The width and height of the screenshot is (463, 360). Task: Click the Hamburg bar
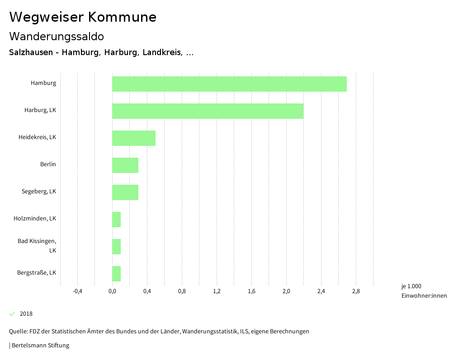pyautogui.click(x=229, y=84)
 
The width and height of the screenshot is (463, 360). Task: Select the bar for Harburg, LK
pyautogui.click(x=208, y=111)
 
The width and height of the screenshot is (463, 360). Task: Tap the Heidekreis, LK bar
pyautogui.click(x=134, y=138)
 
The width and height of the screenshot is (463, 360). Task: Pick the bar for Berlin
pyautogui.click(x=125, y=165)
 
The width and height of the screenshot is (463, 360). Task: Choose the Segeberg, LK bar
pyautogui.click(x=125, y=192)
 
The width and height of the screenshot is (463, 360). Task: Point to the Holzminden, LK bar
pyautogui.click(x=117, y=220)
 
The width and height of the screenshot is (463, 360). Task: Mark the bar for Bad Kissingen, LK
pyautogui.click(x=117, y=247)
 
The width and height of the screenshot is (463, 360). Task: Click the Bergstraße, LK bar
pyautogui.click(x=117, y=274)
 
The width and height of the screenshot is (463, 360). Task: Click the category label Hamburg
pyautogui.click(x=43, y=83)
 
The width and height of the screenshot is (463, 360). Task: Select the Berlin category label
pyautogui.click(x=48, y=164)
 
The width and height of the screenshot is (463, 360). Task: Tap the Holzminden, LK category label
pyautogui.click(x=35, y=219)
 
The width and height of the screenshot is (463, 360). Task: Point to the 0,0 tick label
pyautogui.click(x=112, y=291)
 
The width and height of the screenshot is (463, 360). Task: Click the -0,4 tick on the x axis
pyautogui.click(x=77, y=291)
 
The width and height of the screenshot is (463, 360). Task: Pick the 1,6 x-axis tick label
pyautogui.click(x=251, y=291)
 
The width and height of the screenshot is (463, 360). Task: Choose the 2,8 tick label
pyautogui.click(x=356, y=291)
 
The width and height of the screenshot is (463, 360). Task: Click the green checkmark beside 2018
pyautogui.click(x=12, y=314)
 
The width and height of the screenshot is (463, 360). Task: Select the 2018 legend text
pyautogui.click(x=26, y=314)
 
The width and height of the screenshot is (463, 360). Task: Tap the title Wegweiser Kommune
pyautogui.click(x=83, y=17)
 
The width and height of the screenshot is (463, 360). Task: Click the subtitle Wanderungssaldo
pyautogui.click(x=57, y=37)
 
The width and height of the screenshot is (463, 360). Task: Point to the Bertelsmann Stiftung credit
pyautogui.click(x=40, y=346)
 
